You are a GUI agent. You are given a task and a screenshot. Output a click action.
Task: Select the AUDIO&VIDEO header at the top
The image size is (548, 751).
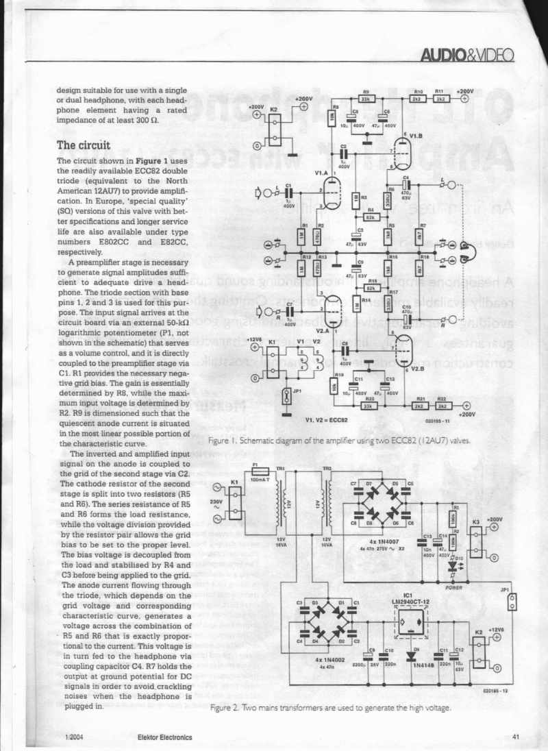pos(468,53)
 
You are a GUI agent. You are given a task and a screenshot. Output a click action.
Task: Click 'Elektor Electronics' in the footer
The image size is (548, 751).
pos(164,737)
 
